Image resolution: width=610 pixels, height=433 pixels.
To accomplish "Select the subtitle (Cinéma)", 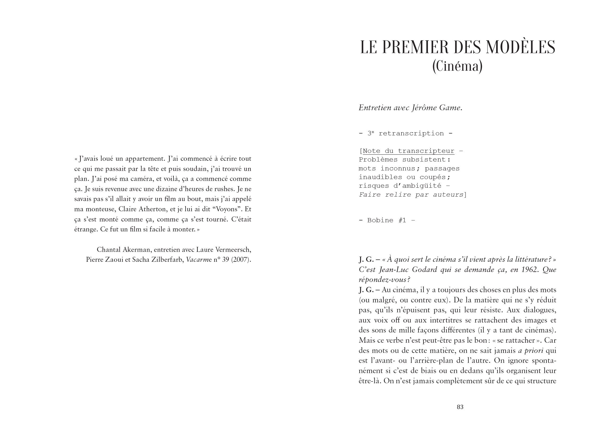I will [x=457, y=66].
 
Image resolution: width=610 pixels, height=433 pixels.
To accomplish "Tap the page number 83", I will [x=460, y=407].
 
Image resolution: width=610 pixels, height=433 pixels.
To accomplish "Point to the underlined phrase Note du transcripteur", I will [x=408, y=151].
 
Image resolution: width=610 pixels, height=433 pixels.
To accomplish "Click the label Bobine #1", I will [x=387, y=220].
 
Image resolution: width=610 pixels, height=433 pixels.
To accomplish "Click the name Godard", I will [x=424, y=270].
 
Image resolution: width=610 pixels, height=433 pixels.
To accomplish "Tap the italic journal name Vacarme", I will [x=199, y=259].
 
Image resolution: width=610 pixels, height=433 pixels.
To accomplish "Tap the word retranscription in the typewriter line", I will [x=411, y=133].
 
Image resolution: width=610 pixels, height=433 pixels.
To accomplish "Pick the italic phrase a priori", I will [x=531, y=351].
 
